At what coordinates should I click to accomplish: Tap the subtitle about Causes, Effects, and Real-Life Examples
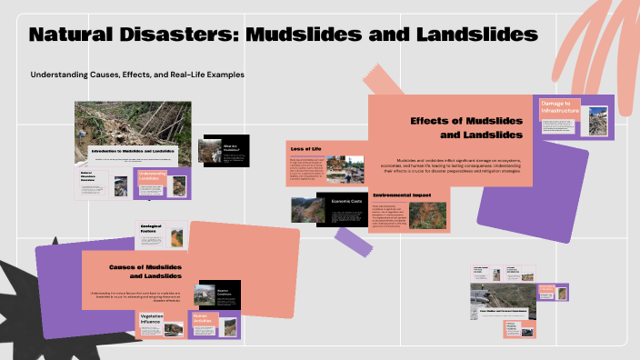[137, 74]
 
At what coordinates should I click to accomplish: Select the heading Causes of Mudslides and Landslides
[146, 270]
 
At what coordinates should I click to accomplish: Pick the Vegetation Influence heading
[152, 320]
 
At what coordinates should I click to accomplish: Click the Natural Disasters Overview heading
[94, 175]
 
